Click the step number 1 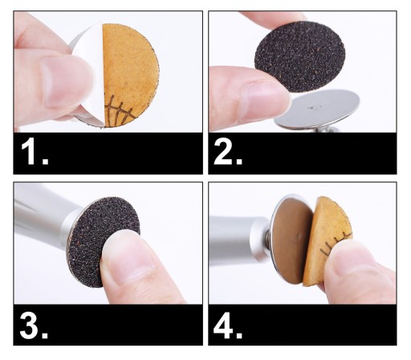coord(34,153)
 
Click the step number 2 coord(228,153)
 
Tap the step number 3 coord(34,327)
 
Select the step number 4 coord(228,327)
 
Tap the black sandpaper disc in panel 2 coord(299,57)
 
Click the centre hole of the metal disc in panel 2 coord(312,108)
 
